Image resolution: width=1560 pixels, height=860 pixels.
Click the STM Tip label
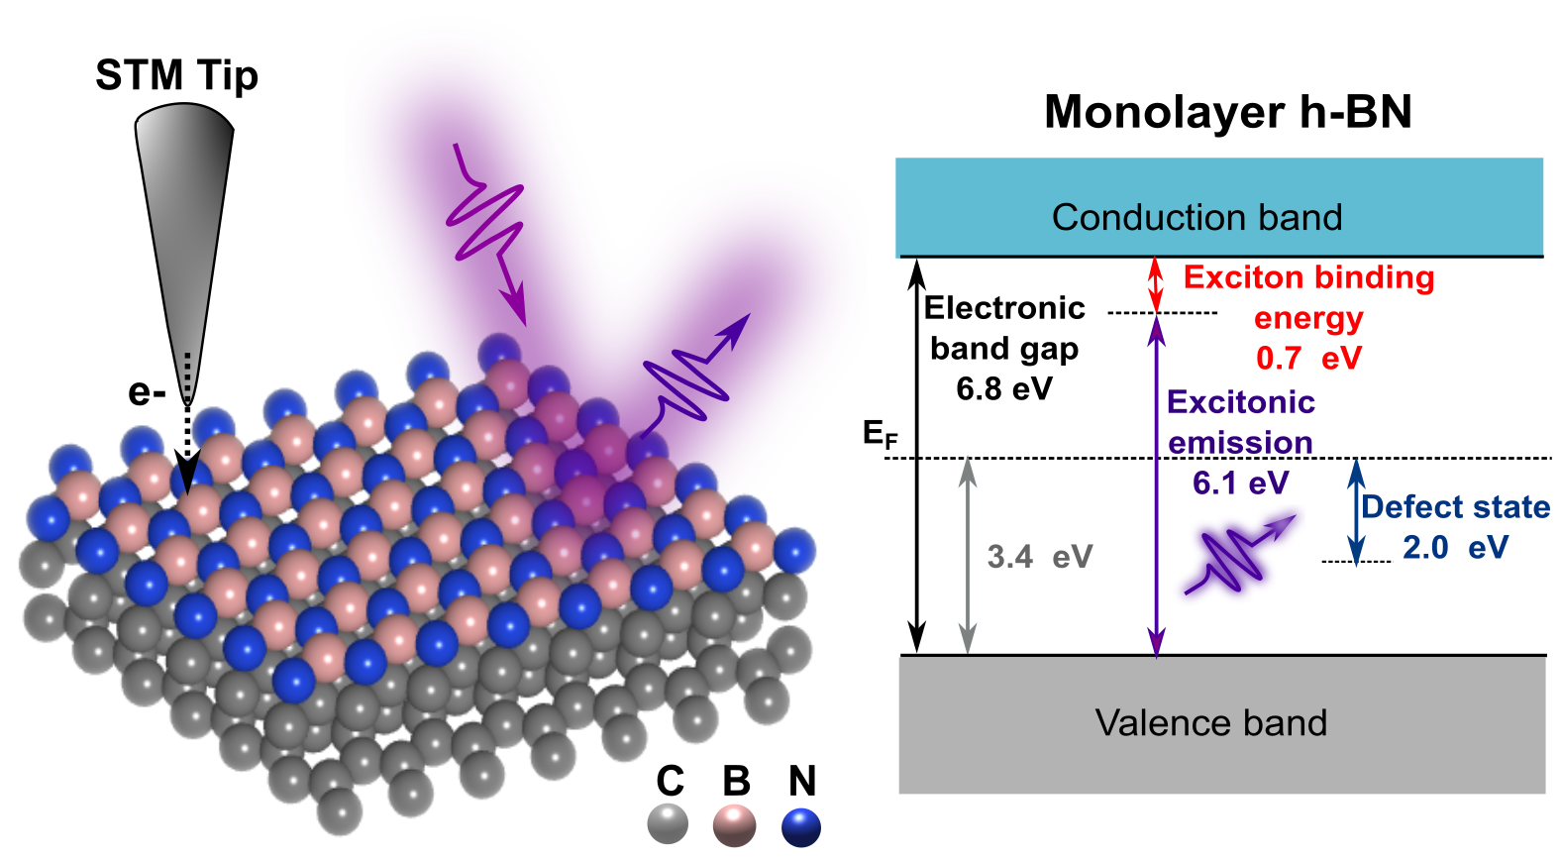click(x=176, y=76)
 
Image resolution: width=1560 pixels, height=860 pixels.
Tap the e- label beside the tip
click(x=147, y=392)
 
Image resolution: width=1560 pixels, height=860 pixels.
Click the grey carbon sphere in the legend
click(x=668, y=824)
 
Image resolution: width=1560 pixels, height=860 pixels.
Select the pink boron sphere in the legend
click(x=734, y=824)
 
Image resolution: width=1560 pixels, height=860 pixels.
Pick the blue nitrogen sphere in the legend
click(x=800, y=826)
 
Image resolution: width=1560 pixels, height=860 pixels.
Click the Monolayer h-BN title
click(x=1227, y=112)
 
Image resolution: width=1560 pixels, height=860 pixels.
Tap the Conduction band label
click(x=1196, y=217)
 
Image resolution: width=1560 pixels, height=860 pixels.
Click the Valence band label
click(x=1210, y=722)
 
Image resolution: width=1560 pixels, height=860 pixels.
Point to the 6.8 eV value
click(x=1003, y=388)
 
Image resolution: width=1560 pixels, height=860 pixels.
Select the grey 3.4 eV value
click(x=1039, y=557)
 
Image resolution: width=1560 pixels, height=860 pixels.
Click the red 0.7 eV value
click(x=1308, y=358)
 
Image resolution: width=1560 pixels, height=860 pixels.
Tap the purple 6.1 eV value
click(x=1240, y=483)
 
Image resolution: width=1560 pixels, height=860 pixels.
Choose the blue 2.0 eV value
click(x=1454, y=547)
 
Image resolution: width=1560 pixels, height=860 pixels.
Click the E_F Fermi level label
click(x=880, y=434)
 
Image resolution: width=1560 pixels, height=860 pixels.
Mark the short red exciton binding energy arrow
click(x=1155, y=284)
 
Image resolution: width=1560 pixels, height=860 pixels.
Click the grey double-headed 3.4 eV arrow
click(x=969, y=556)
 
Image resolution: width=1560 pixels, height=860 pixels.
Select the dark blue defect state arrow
click(x=1357, y=510)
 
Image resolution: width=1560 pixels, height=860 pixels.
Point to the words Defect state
click(x=1455, y=506)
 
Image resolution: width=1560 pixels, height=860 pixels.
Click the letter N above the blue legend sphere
click(x=801, y=782)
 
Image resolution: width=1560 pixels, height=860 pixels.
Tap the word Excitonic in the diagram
click(x=1240, y=401)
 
